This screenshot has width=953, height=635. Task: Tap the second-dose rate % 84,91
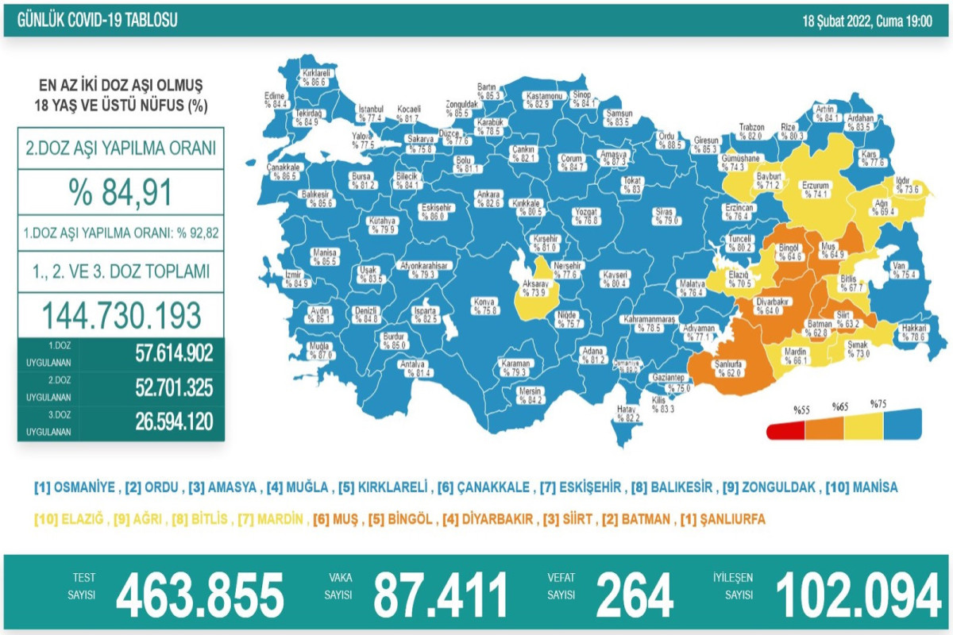pyautogui.click(x=121, y=191)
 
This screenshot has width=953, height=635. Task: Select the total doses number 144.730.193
pyautogui.click(x=121, y=315)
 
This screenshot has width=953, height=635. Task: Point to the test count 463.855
pyautogui.click(x=199, y=595)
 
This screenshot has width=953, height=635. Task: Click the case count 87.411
pyautogui.click(x=441, y=595)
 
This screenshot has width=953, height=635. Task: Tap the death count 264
pyautogui.click(x=635, y=595)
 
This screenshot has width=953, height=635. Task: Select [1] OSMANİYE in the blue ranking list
pyautogui.click(x=75, y=487)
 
